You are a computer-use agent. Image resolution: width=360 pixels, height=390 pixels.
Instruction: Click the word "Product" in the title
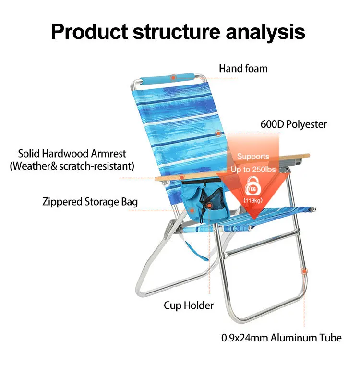click(x=88, y=32)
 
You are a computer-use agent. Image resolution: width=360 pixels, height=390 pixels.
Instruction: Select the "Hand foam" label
click(x=243, y=69)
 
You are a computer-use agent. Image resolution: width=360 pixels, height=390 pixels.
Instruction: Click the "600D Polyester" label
click(x=293, y=124)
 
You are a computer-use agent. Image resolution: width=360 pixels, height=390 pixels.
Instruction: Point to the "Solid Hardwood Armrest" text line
click(x=72, y=154)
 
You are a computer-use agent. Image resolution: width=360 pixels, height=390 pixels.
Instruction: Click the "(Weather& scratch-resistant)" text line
click(x=72, y=166)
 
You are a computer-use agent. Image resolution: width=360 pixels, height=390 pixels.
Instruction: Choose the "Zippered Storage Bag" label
click(x=90, y=202)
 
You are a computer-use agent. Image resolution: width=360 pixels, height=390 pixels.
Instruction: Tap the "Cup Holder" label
click(x=189, y=305)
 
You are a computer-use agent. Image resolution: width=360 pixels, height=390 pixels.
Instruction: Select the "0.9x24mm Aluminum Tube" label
click(x=281, y=338)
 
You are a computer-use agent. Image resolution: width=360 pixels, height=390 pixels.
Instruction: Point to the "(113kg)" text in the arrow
click(x=252, y=200)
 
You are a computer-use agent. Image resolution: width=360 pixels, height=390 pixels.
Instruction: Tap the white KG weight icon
click(x=252, y=187)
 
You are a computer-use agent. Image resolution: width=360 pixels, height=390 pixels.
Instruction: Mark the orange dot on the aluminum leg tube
click(x=304, y=271)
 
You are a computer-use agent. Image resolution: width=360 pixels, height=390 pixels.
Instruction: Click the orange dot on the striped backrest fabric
click(x=218, y=134)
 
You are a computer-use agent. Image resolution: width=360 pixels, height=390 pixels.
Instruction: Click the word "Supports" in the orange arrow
click(x=253, y=157)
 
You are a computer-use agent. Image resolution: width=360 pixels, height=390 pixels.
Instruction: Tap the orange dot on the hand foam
click(x=173, y=77)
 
